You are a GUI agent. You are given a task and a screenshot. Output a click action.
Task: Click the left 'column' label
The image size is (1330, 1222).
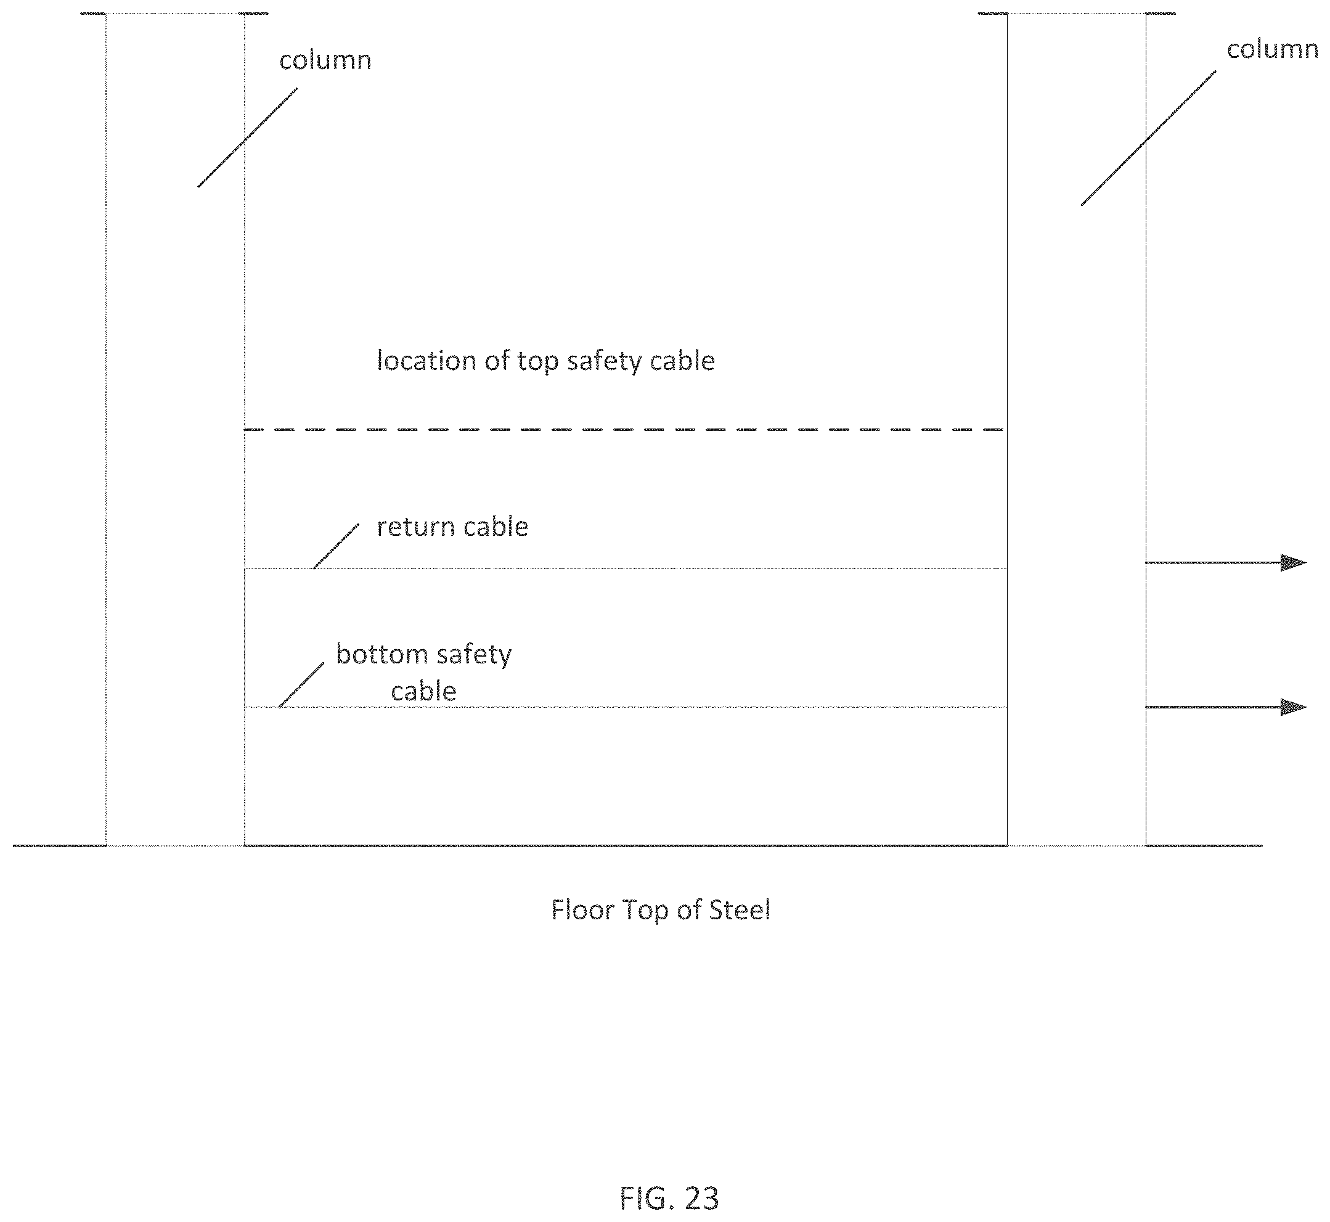coord(325,61)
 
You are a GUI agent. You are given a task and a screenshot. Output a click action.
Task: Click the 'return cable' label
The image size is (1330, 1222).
coord(452,527)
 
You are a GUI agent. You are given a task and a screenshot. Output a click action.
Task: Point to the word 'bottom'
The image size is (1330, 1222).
coord(382,654)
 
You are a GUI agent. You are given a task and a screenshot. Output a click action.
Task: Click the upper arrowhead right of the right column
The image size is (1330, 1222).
coord(1293,563)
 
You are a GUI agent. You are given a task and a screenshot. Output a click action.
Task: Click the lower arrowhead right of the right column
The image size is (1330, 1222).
coord(1293,707)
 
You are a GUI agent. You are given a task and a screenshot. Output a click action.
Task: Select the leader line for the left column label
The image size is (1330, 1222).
coord(248,137)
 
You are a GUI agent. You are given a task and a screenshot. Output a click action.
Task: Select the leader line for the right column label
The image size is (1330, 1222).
coord(1149,137)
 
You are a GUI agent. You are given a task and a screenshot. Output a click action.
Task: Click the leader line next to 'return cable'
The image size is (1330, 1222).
coord(337,546)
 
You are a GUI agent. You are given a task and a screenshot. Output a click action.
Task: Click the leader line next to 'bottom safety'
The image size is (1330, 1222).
coord(301,685)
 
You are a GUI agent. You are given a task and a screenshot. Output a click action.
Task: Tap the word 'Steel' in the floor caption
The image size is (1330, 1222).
coord(740,910)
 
